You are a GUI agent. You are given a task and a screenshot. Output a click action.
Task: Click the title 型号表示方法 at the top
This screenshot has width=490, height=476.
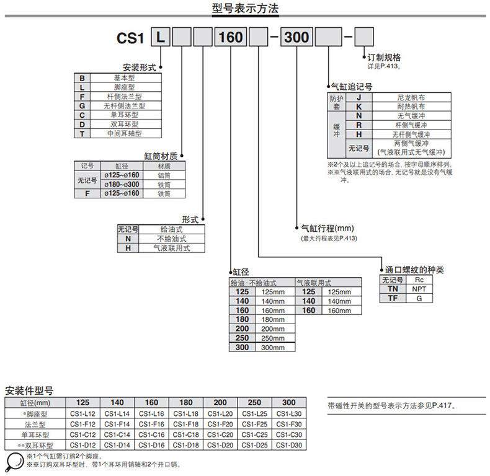245,9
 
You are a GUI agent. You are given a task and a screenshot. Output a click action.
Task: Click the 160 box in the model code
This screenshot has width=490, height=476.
231,38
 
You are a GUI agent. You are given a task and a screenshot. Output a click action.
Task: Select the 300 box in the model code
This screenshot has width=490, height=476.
296,38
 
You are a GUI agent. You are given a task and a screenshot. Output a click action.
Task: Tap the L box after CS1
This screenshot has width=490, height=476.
161,38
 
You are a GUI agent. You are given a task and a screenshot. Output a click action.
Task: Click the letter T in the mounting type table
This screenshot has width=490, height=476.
82,133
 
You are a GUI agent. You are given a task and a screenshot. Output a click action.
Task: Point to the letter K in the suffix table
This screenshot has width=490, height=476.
359,107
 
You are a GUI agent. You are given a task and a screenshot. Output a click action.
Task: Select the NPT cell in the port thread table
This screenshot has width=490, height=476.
419,289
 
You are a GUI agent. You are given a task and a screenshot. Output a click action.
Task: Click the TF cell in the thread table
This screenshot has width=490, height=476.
392,298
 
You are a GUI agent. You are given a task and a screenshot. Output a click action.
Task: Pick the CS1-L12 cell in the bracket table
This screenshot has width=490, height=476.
82,414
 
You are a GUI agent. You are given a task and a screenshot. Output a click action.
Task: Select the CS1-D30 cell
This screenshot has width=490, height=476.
288,445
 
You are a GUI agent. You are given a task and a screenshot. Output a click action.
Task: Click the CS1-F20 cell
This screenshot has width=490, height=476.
220,425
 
